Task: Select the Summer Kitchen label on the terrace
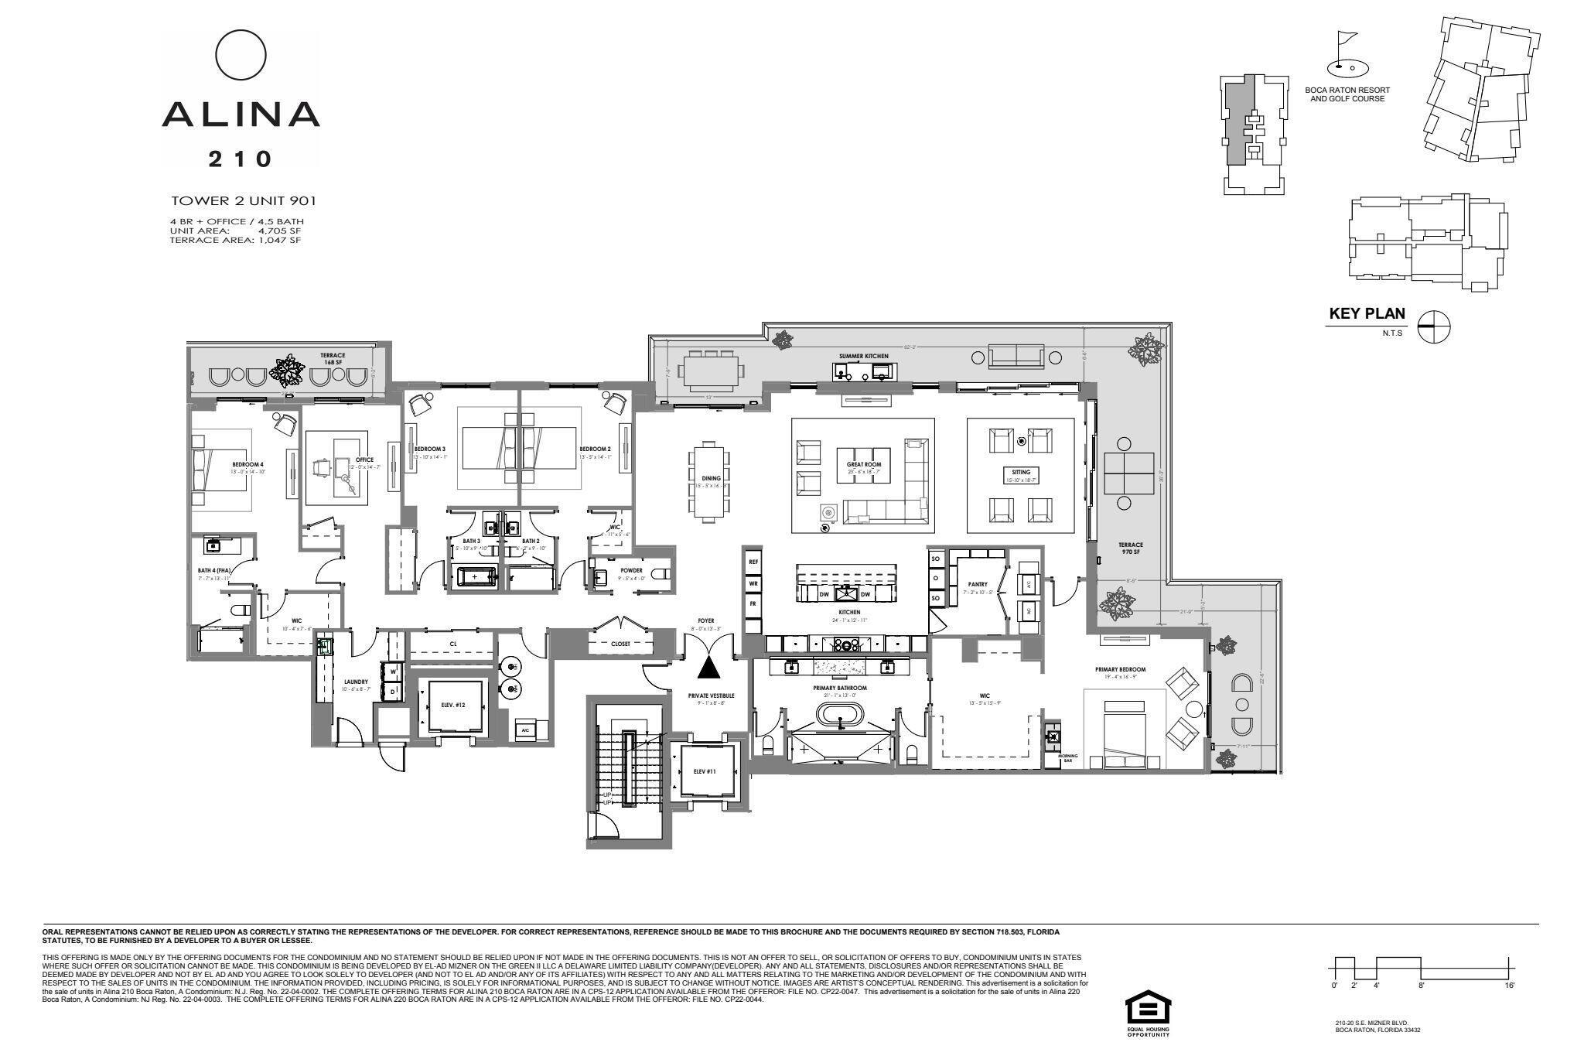863,356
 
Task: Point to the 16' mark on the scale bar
1510,985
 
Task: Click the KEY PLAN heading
1367,313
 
